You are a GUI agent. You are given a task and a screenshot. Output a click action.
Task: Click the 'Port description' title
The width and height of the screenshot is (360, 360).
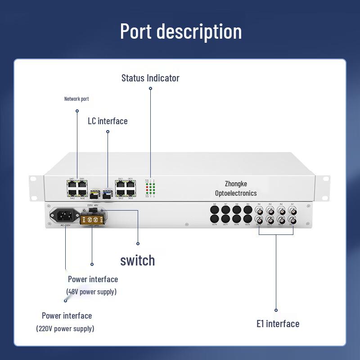click(x=180, y=31)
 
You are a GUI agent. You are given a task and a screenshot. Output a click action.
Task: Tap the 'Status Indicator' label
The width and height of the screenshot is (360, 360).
click(x=150, y=78)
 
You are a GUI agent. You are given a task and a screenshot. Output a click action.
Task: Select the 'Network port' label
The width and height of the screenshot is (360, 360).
click(x=76, y=99)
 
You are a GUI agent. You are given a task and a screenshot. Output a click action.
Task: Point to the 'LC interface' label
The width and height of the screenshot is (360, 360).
click(x=108, y=121)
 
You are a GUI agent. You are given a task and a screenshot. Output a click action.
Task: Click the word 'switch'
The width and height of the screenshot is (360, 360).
click(x=137, y=260)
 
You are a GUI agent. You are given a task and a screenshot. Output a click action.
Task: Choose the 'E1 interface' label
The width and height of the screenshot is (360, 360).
click(x=278, y=324)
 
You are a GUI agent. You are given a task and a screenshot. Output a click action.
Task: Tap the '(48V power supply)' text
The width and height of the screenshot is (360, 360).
click(x=91, y=292)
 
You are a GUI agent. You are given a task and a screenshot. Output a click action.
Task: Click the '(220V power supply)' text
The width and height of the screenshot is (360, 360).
click(x=65, y=328)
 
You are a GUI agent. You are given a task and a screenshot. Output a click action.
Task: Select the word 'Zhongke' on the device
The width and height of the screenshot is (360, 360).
click(x=236, y=184)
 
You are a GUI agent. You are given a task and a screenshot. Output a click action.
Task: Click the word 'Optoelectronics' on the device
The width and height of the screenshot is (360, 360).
click(x=236, y=193)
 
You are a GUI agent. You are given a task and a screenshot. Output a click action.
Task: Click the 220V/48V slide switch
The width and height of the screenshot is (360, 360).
click(x=93, y=209)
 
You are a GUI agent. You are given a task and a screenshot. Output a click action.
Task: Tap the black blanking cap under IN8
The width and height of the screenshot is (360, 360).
click(x=214, y=209)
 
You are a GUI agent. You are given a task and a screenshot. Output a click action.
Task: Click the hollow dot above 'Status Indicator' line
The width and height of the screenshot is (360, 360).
click(x=150, y=88)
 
